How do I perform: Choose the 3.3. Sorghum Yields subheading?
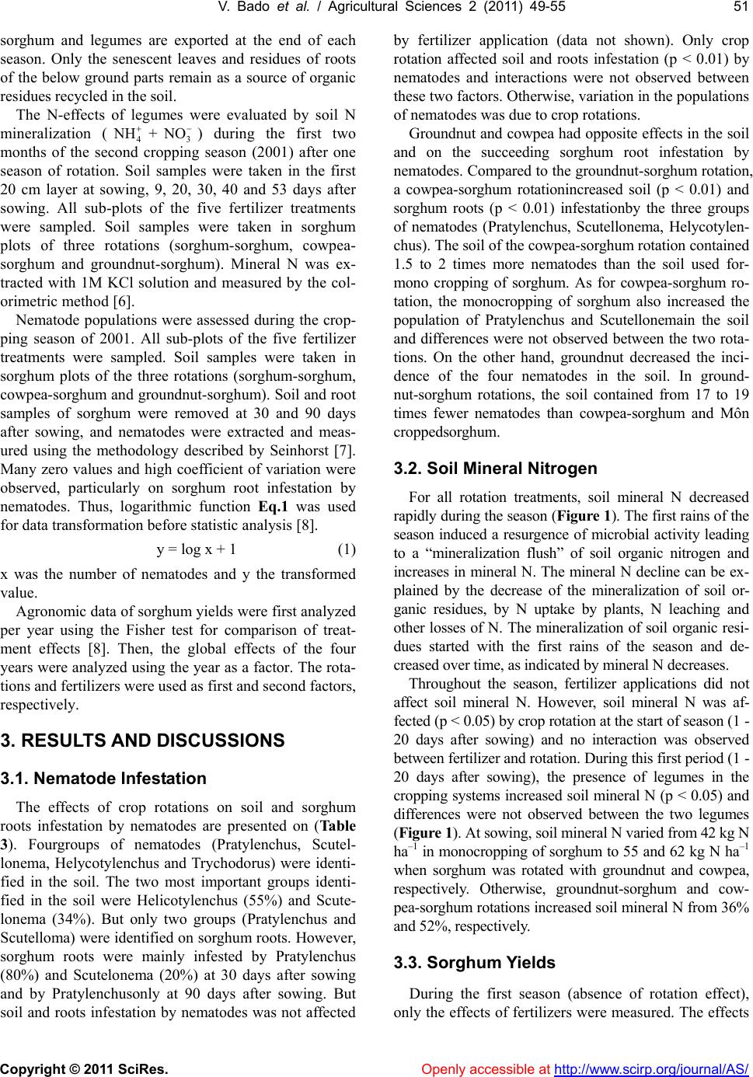475,962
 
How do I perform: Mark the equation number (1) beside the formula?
347,549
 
